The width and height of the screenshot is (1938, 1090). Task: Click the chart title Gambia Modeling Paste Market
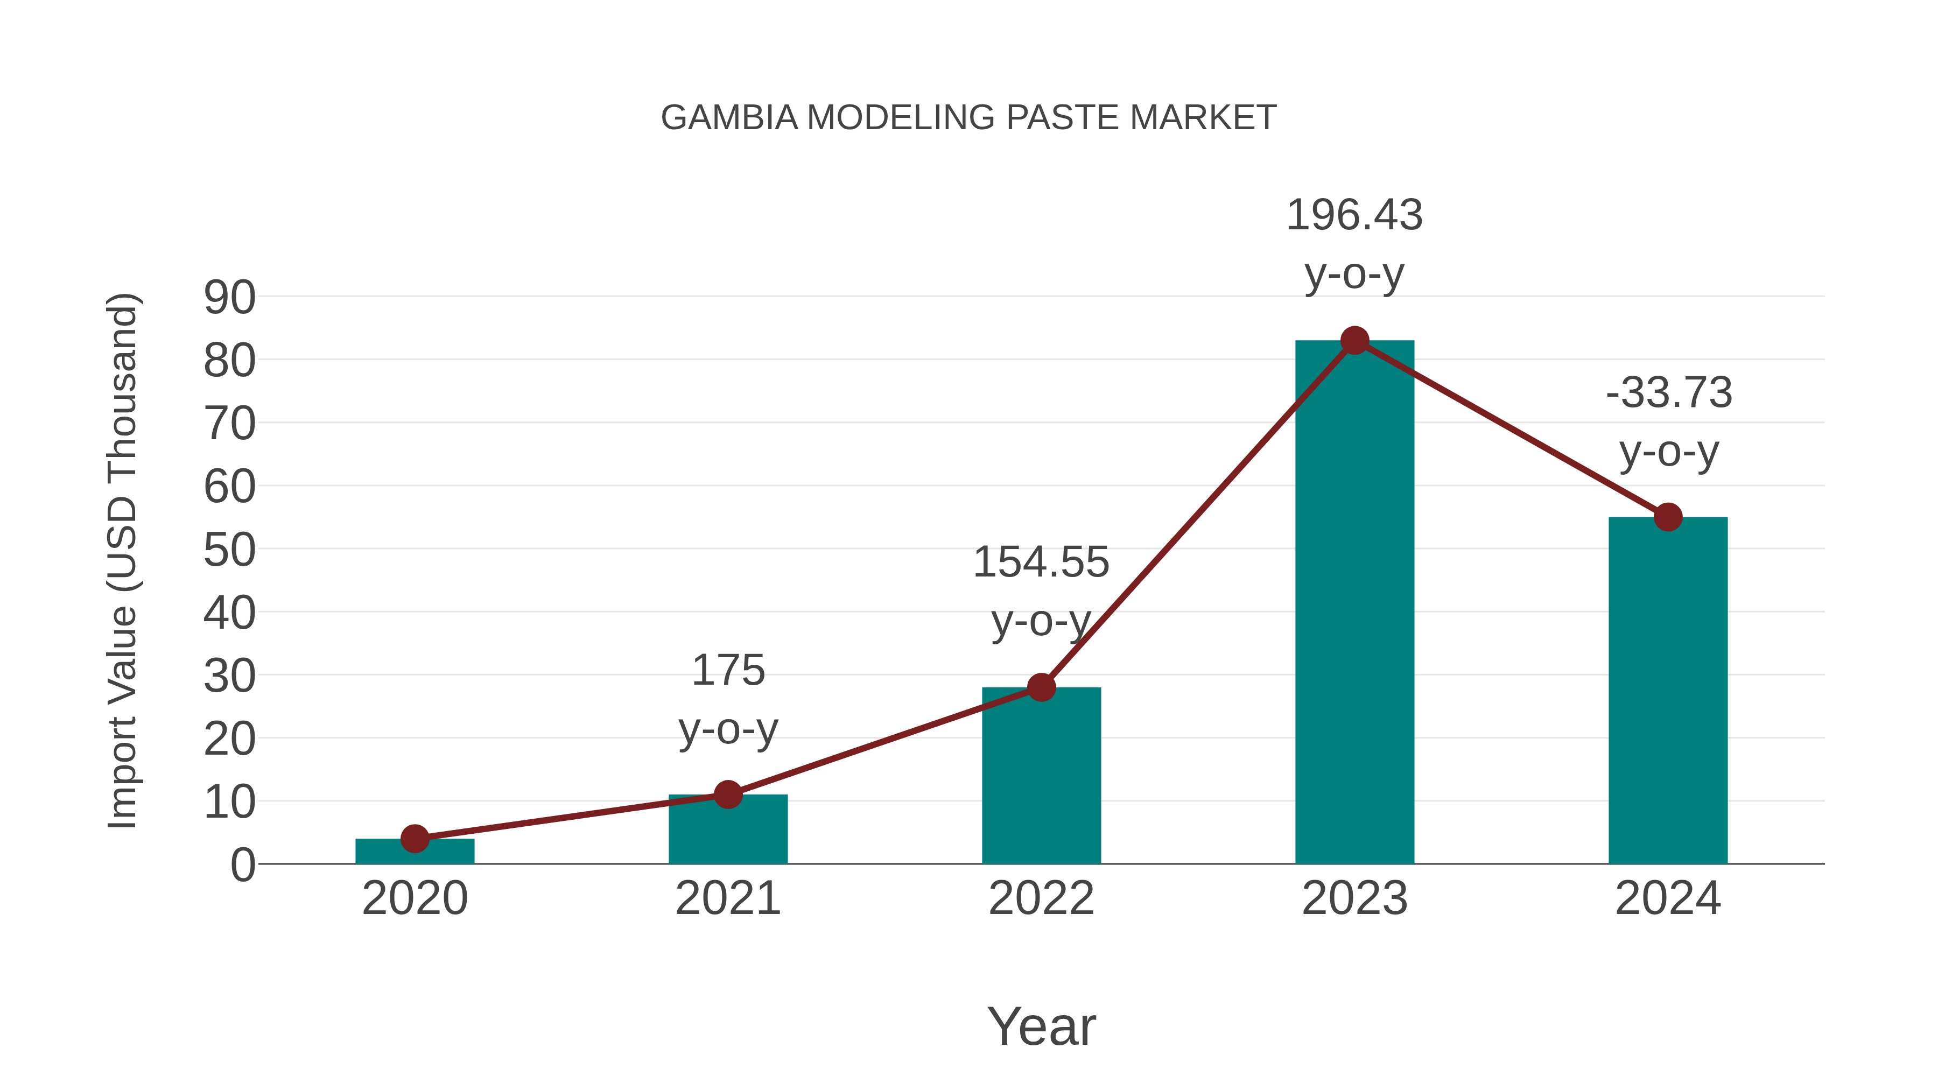(968, 118)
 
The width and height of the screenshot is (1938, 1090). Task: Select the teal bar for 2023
(1354, 602)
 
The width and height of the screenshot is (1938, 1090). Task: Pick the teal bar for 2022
(1041, 775)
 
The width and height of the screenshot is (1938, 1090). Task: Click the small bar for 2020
(415, 851)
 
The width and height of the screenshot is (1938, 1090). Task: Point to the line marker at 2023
(1354, 341)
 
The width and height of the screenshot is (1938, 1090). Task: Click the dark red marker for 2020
(415, 838)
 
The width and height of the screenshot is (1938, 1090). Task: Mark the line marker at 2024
(1668, 517)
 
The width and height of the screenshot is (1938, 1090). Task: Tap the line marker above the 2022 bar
(1041, 687)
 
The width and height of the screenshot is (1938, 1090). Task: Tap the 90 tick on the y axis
(229, 297)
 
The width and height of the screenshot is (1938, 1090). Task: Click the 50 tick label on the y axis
(229, 550)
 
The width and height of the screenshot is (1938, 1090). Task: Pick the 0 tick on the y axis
(242, 865)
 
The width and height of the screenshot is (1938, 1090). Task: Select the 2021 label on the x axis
(727, 898)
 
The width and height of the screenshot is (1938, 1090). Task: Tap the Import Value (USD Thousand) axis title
(122, 560)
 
